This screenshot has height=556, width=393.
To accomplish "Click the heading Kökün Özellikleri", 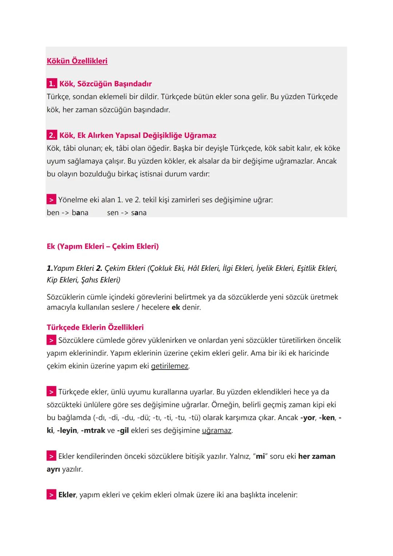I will click(77, 61).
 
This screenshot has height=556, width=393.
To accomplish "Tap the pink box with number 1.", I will click(51, 84).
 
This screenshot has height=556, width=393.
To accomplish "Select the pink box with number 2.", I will click(51, 135).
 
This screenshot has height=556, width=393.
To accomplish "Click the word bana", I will click(80, 213).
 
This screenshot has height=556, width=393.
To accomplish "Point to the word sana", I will click(139, 213).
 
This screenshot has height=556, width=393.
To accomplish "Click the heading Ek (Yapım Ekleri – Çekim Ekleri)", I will click(103, 247).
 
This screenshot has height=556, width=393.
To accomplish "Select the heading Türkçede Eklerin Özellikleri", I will click(95, 327).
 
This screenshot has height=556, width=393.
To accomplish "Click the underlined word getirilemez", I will click(170, 366).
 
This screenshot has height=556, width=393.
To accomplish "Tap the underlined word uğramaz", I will click(217, 430).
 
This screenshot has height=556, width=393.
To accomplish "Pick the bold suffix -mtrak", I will click(93, 430).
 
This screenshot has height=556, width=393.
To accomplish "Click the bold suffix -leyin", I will click(67, 430).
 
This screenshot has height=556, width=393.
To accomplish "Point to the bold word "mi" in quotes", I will click(260, 456).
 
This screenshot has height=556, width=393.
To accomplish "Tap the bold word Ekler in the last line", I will click(67, 495).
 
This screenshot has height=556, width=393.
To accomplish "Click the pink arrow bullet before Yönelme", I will click(51, 200).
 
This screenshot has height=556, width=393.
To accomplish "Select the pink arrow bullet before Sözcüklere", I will click(51, 340).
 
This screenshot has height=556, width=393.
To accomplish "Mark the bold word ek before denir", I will click(176, 307).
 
